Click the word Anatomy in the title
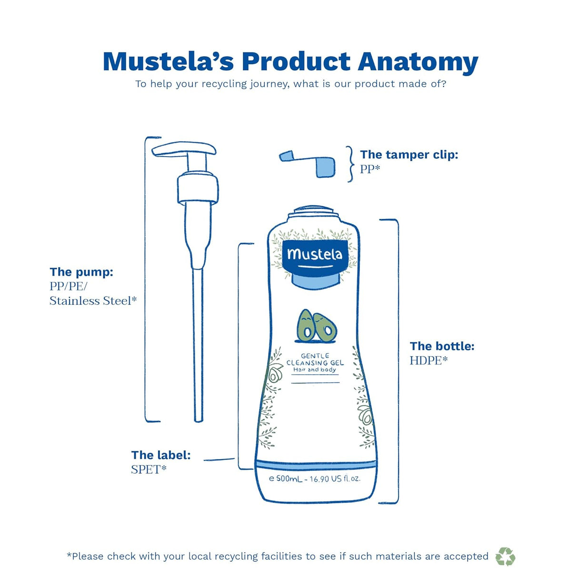click(418, 62)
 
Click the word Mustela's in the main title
click(168, 62)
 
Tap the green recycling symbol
click(505, 556)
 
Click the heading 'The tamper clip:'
click(409, 155)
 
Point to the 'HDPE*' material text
click(429, 360)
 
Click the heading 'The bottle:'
click(442, 346)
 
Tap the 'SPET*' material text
click(149, 469)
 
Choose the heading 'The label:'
click(161, 455)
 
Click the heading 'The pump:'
click(81, 272)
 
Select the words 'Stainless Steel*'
click(93, 301)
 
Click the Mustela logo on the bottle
click(314, 255)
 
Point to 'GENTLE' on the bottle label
click(315, 356)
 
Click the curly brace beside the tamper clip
click(350, 164)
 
